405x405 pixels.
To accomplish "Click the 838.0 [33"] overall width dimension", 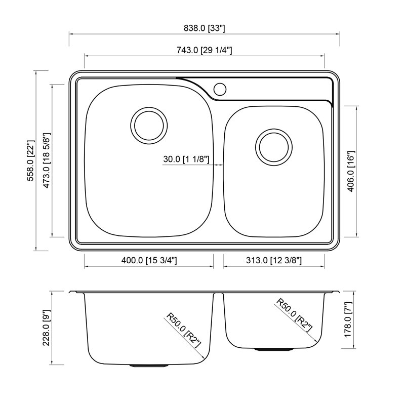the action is click(x=205, y=28).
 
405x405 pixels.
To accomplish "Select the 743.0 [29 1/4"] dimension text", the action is click(x=205, y=50).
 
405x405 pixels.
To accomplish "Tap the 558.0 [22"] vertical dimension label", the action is click(x=31, y=160).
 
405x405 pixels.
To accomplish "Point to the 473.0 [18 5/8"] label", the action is click(x=47, y=160).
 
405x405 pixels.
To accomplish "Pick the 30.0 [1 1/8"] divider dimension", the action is click(x=186, y=159).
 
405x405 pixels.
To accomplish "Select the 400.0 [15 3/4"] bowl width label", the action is click(x=149, y=260).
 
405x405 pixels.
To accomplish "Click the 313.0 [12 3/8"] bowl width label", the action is click(x=274, y=260).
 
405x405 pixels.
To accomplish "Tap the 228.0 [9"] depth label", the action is click(x=47, y=328).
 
